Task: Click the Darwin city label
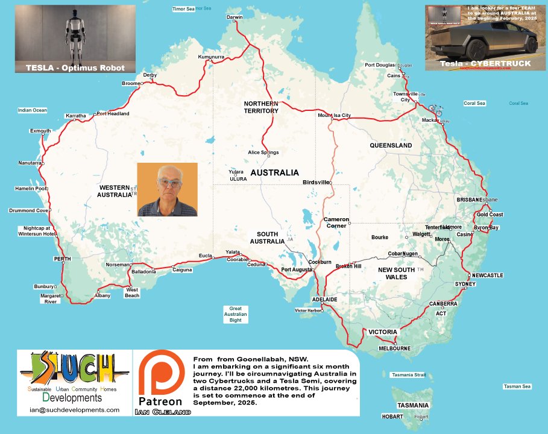pyautogui.click(x=234, y=17)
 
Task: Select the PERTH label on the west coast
pyautogui.click(x=63, y=259)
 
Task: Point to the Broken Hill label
pyautogui.click(x=348, y=266)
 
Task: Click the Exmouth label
pyautogui.click(x=40, y=131)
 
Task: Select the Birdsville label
pyautogui.click(x=316, y=182)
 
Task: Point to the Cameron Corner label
pyautogui.click(x=336, y=222)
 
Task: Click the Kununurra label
pyautogui.click(x=210, y=57)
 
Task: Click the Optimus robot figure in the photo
pyautogui.click(x=75, y=35)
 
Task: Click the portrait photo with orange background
pyautogui.click(x=167, y=189)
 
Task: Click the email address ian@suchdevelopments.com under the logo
pyautogui.click(x=74, y=410)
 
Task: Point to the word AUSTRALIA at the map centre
pyautogui.click(x=274, y=172)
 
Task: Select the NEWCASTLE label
pyautogui.click(x=487, y=275)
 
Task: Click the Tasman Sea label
pyautogui.click(x=517, y=386)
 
